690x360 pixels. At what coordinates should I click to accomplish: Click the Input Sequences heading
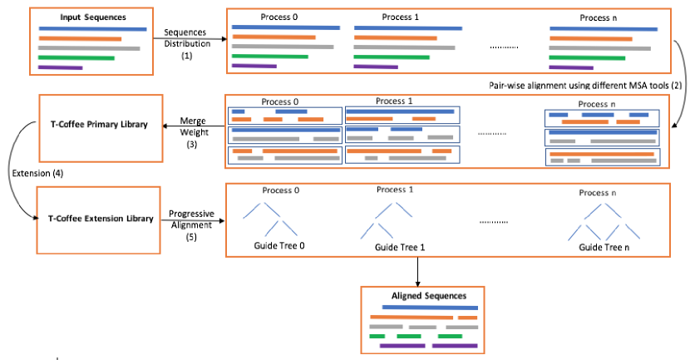(x=93, y=17)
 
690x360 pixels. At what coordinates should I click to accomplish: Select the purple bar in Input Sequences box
(x=61, y=67)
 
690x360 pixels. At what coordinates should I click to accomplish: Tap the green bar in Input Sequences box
(x=76, y=57)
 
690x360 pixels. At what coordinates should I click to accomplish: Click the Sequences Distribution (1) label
(x=186, y=43)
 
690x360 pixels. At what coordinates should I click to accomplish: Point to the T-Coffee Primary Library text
(x=99, y=124)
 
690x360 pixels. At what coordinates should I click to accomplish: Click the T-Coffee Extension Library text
(x=101, y=219)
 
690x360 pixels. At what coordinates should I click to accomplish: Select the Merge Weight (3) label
(x=193, y=132)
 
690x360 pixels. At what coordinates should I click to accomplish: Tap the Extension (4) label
(x=37, y=173)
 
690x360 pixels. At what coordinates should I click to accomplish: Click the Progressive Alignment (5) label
(x=191, y=224)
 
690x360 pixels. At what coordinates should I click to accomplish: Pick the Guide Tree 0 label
(x=279, y=245)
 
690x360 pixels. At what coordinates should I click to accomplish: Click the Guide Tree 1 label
(x=400, y=247)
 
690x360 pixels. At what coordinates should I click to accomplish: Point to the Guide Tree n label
(x=604, y=247)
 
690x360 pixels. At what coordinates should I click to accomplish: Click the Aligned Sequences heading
(x=429, y=296)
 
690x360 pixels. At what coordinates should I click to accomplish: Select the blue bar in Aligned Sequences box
(x=430, y=307)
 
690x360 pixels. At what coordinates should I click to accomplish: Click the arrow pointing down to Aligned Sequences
(x=417, y=272)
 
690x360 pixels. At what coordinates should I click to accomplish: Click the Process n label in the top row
(x=598, y=17)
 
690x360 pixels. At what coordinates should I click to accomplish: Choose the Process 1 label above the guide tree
(x=395, y=190)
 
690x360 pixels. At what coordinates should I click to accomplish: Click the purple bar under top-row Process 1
(x=376, y=67)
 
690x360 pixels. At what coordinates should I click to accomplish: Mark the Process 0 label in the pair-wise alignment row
(x=280, y=101)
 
